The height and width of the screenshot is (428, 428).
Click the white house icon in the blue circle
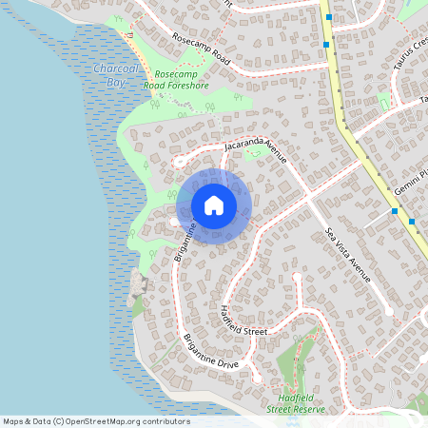214,205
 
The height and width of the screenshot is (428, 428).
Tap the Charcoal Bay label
115,75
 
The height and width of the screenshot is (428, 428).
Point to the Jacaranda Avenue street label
255,146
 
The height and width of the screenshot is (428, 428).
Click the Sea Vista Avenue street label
347,255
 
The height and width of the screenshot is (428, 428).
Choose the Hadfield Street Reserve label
297,402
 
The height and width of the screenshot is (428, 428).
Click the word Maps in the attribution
13,421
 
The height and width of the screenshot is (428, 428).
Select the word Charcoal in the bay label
115,68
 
